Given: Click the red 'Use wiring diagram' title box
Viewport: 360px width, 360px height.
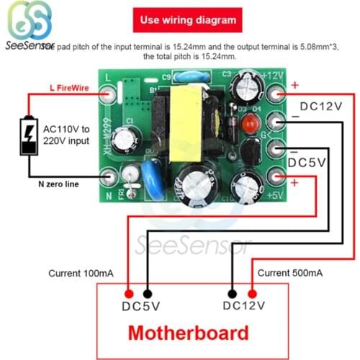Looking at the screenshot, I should (186, 21).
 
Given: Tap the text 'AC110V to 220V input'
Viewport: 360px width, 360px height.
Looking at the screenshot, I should (66, 135).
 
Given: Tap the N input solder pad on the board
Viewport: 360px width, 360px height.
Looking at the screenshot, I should (108, 176).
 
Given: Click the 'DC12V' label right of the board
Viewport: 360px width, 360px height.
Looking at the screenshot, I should (320, 106).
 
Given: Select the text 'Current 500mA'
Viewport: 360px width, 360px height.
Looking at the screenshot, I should (289, 273).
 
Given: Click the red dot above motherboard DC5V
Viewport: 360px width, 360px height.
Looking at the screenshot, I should (128, 293).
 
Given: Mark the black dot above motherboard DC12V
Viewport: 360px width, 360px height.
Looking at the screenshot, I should (233, 293).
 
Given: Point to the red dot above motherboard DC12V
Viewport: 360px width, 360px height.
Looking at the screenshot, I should (253, 293).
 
